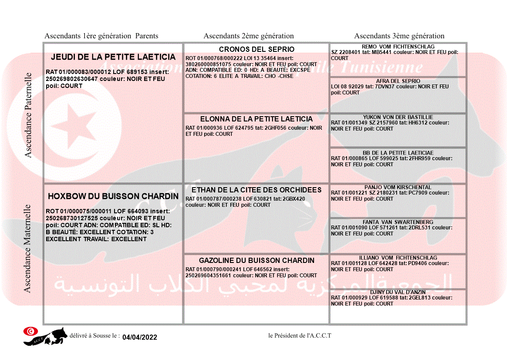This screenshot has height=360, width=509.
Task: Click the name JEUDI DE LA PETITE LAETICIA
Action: (x=113, y=57)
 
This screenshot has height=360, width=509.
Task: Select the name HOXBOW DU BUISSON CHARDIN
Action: (x=113, y=196)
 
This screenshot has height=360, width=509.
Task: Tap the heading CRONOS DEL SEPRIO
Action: (x=256, y=49)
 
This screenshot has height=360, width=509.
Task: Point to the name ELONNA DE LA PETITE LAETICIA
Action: (x=256, y=119)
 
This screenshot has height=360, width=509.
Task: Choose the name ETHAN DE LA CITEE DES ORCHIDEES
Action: (x=256, y=190)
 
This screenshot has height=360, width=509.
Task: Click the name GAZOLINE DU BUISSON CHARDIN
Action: (x=256, y=260)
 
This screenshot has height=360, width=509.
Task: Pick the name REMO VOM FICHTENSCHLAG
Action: (x=398, y=47)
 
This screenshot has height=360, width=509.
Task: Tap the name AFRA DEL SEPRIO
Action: (x=398, y=81)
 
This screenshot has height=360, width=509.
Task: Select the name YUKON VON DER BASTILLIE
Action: (x=398, y=117)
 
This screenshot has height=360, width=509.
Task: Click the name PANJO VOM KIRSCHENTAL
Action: (x=398, y=187)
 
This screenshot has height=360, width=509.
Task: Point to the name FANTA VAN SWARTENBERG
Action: (x=398, y=222)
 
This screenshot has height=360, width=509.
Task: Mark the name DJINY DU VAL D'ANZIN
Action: (x=398, y=292)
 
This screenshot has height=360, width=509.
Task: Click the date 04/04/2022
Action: (x=140, y=337)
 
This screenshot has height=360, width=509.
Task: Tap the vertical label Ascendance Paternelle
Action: (x=28, y=114)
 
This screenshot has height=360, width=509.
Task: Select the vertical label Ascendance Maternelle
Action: (x=27, y=249)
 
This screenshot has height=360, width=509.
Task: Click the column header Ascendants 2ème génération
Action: (x=249, y=36)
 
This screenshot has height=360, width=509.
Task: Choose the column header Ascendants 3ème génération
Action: (x=399, y=36)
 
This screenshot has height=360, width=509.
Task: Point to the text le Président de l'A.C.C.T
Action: (x=300, y=335)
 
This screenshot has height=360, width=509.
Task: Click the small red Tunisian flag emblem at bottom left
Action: (x=30, y=331)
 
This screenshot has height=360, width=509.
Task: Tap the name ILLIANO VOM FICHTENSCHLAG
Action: (x=398, y=258)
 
